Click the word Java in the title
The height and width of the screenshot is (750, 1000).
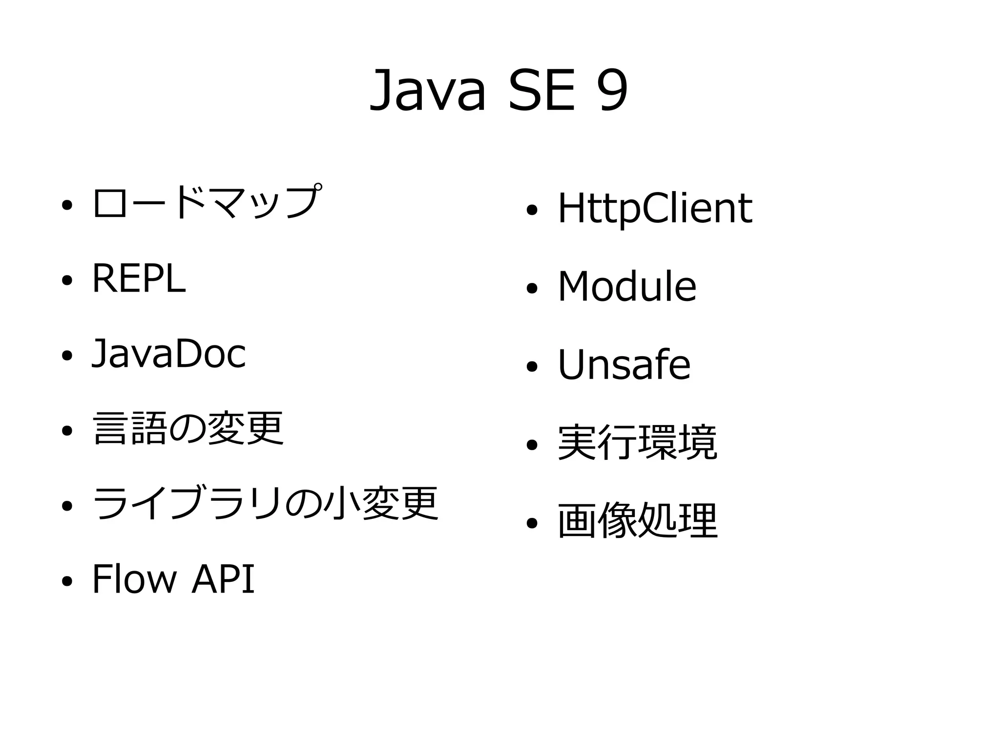tap(428, 91)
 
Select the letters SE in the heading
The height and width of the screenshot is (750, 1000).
tap(542, 91)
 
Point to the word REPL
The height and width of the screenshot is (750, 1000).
tap(139, 279)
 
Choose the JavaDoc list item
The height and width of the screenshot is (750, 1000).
tap(169, 354)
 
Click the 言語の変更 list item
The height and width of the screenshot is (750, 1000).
tap(188, 429)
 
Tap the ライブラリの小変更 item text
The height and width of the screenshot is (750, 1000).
tap(265, 504)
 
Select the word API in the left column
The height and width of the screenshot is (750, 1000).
tap(223, 579)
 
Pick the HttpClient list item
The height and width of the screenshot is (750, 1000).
tap(655, 209)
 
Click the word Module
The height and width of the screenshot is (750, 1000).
tap(627, 287)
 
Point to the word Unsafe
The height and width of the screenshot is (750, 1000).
tap(624, 365)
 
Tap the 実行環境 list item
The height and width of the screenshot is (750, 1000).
tap(637, 443)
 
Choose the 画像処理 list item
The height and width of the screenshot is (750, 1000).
tap(637, 521)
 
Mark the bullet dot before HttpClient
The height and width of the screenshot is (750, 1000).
tap(532, 211)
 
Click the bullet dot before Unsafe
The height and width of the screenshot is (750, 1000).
tap(532, 367)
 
